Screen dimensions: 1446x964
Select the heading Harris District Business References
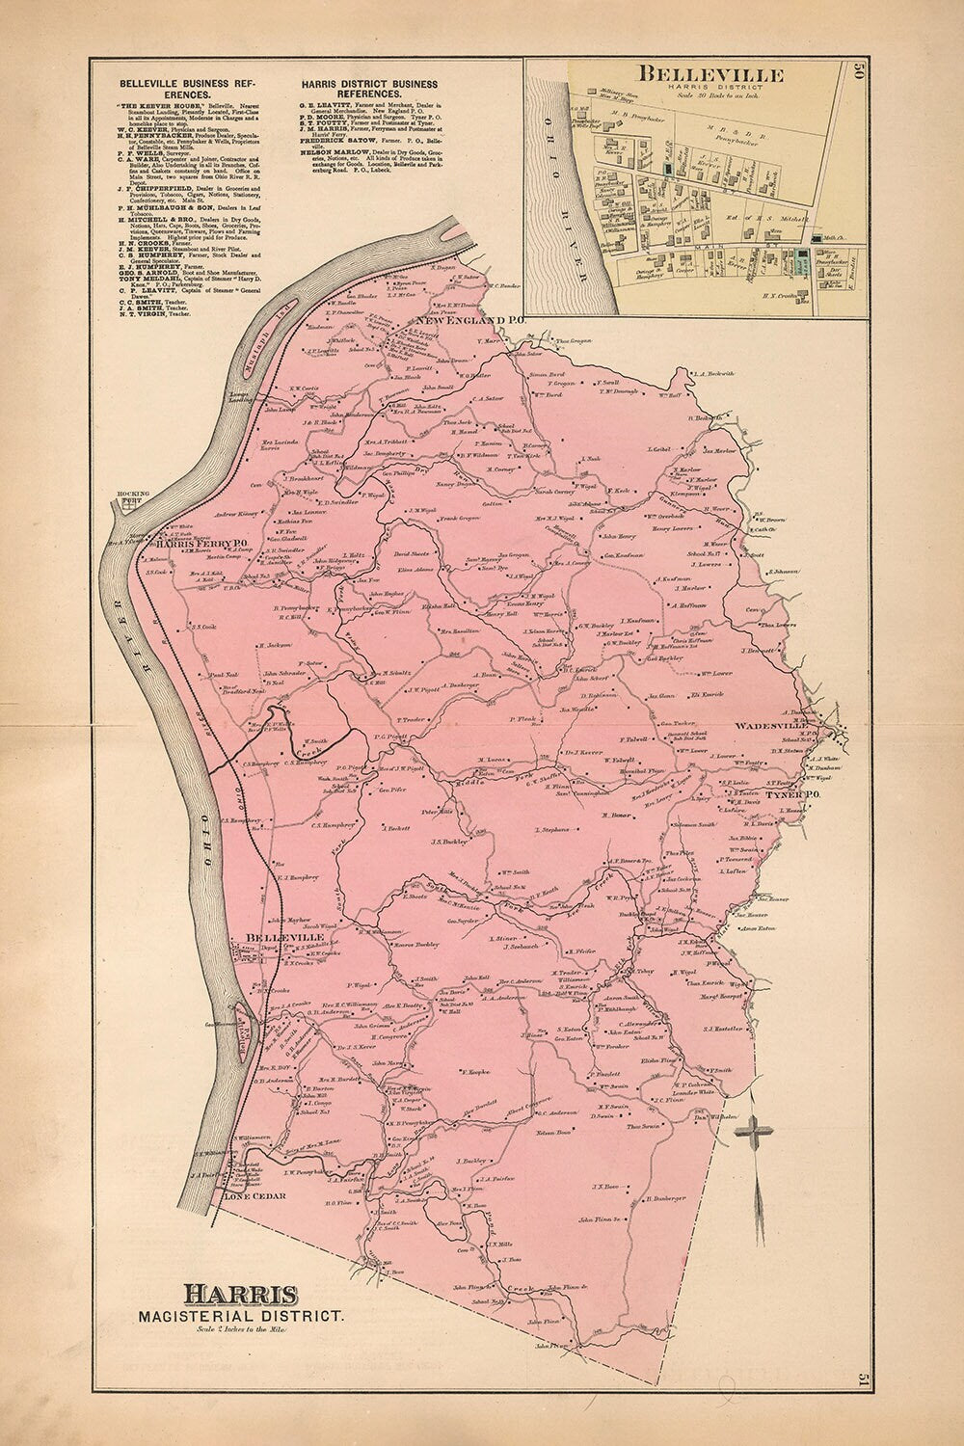(368, 90)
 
